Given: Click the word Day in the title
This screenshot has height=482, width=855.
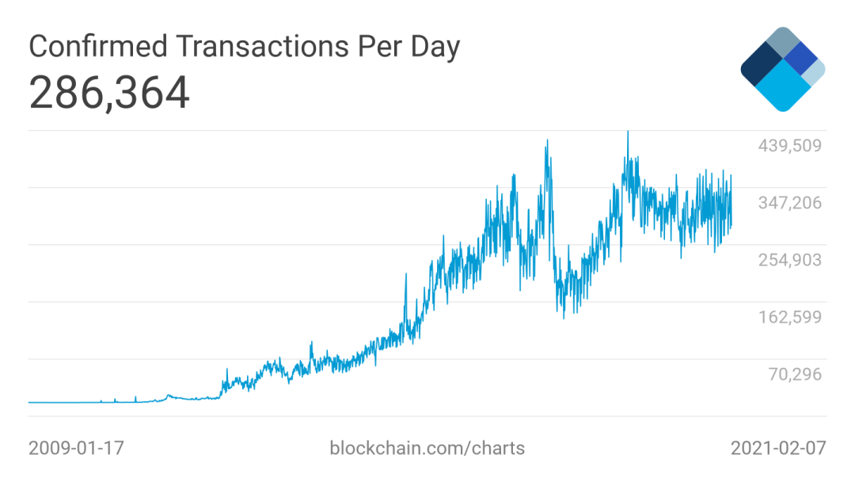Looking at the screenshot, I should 434,48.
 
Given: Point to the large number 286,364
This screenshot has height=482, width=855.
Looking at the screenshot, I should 109,94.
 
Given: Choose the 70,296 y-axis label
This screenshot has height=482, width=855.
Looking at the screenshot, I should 795,374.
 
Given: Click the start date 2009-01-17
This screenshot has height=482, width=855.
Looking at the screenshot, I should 76,449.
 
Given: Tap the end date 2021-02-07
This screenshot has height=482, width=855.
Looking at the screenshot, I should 777,449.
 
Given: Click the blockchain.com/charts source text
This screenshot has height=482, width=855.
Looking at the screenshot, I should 427,449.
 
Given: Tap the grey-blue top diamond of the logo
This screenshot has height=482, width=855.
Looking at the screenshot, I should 783,43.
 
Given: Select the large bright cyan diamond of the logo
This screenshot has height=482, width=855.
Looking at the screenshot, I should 782,86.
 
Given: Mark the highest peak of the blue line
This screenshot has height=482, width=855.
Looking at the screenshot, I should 628,132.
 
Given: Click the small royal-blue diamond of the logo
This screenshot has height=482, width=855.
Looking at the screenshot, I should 803,58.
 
